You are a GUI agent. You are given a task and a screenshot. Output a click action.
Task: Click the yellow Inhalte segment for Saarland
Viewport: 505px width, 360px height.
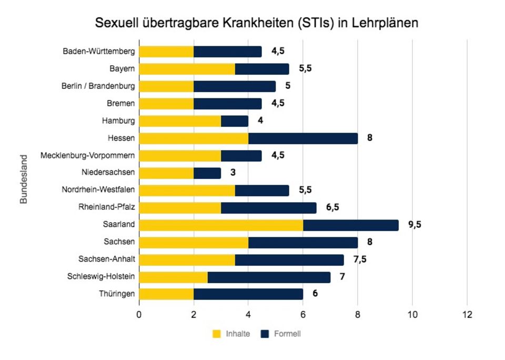pyautogui.click(x=221, y=225)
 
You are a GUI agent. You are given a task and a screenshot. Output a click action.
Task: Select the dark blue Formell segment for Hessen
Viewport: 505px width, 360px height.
pyautogui.click(x=303, y=138)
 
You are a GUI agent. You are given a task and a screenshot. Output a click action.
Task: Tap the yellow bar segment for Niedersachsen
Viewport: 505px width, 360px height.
pyautogui.click(x=166, y=173)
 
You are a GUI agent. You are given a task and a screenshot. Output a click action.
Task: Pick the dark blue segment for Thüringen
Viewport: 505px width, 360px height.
pyautogui.click(x=248, y=294)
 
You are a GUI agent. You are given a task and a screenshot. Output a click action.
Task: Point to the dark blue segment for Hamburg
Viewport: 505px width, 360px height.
pyautogui.click(x=235, y=121)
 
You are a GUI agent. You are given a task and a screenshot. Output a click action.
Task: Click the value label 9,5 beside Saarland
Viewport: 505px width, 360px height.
pyautogui.click(x=415, y=225)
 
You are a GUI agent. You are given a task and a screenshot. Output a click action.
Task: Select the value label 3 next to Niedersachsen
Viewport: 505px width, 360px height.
pyautogui.click(x=233, y=173)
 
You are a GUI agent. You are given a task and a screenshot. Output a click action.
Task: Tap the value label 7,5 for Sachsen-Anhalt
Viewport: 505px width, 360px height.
pyautogui.click(x=360, y=259)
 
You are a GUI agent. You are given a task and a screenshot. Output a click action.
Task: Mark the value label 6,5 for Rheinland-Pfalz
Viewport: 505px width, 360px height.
pyautogui.click(x=332, y=207)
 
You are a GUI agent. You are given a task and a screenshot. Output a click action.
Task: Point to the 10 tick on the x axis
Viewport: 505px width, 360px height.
pyautogui.click(x=412, y=315)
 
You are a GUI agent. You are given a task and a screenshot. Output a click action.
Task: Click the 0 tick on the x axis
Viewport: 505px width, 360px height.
pyautogui.click(x=139, y=315)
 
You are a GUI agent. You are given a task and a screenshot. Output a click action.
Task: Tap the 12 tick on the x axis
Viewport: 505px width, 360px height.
pyautogui.click(x=467, y=315)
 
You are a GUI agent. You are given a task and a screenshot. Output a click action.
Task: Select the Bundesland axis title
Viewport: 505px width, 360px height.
pyautogui.click(x=24, y=179)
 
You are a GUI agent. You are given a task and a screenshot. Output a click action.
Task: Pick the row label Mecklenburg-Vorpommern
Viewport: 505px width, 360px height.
pyautogui.click(x=88, y=155)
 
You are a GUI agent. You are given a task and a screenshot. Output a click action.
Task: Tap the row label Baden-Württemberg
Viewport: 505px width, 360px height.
pyautogui.click(x=99, y=52)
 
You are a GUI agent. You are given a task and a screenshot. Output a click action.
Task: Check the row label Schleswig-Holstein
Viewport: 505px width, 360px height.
pyautogui.click(x=101, y=276)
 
